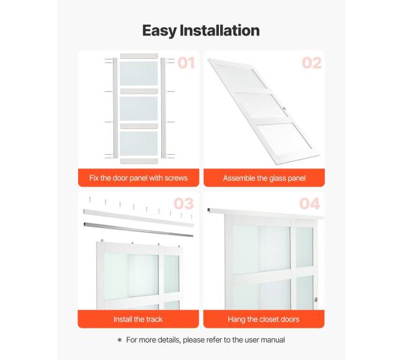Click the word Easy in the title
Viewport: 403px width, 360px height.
[x=159, y=31]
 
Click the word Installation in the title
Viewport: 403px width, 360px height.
[x=219, y=30]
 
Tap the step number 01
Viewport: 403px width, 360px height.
[x=186, y=63]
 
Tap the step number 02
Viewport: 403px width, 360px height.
[x=311, y=63]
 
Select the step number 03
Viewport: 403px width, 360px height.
[x=184, y=204]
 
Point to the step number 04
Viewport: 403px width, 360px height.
[x=309, y=204]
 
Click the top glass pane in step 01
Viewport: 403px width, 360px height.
[x=139, y=73]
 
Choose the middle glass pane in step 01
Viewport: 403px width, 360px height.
[x=139, y=108]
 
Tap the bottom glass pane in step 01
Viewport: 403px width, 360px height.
[x=139, y=143]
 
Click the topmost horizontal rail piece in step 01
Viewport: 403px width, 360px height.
[x=139, y=56]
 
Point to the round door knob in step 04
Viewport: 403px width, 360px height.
[x=316, y=299]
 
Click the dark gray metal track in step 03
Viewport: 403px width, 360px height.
[x=138, y=229]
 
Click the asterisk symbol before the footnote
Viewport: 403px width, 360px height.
[x=120, y=340]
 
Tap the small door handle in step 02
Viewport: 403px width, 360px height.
[x=284, y=108]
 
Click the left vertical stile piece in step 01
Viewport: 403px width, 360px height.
[x=115, y=108]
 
